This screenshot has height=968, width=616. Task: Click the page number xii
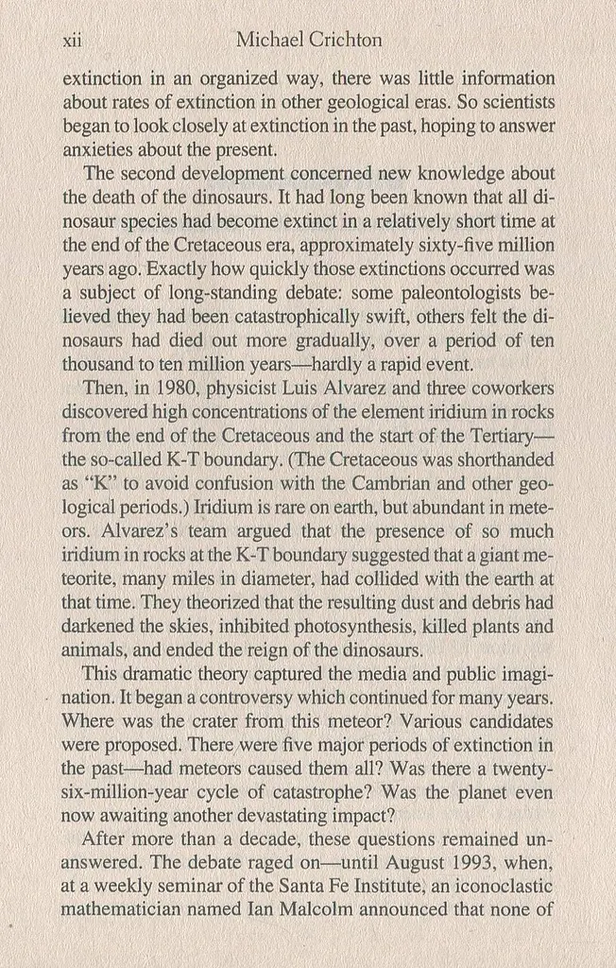(x=72, y=41)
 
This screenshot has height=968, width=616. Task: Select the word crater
(x=207, y=720)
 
